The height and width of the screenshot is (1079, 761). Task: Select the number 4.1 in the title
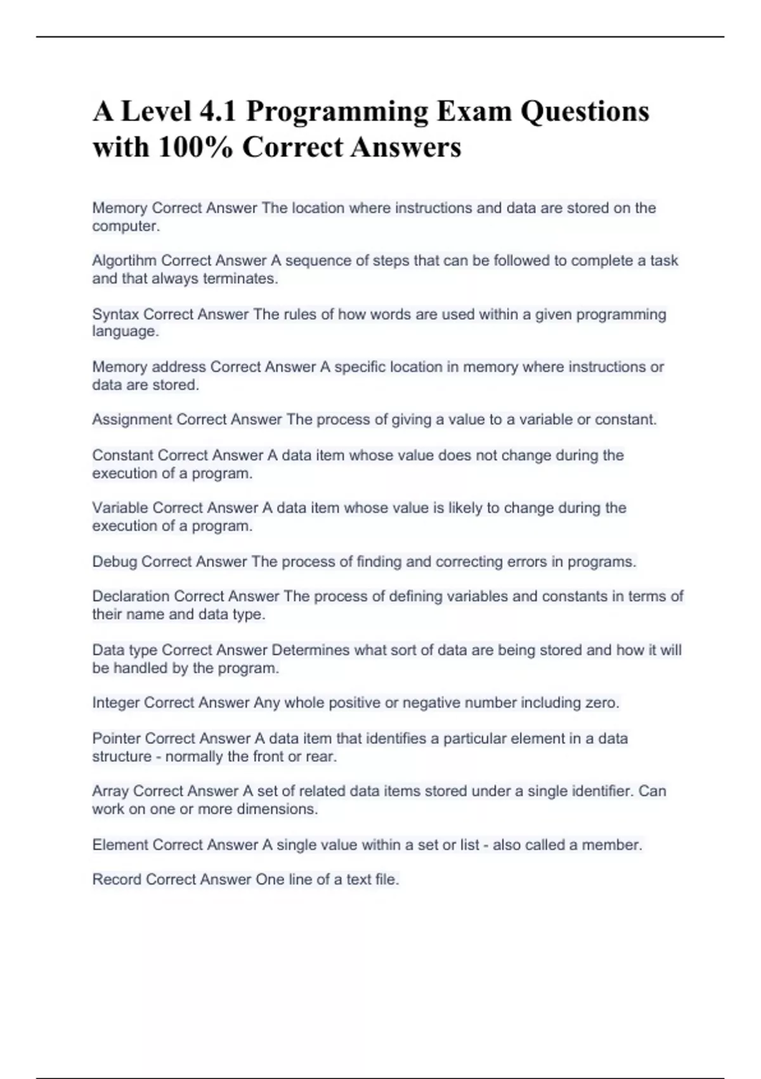[218, 112]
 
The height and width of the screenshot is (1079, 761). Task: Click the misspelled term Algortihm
[125, 261]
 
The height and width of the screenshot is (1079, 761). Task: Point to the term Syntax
[115, 315]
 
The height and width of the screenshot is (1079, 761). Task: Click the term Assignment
[132, 420]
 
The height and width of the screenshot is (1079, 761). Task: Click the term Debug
[114, 562]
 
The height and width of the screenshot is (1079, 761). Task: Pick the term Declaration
[131, 597]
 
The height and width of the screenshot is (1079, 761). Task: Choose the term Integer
[116, 703]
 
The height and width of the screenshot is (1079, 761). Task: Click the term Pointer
[116, 739]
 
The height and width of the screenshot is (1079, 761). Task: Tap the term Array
[110, 791]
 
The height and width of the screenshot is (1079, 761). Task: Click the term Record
[117, 880]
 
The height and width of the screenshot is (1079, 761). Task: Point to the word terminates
[240, 279]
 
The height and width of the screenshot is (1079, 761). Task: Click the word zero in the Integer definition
[603, 703]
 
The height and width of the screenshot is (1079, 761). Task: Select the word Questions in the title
[585, 112]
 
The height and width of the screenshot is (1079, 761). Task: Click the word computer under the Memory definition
[125, 227]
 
